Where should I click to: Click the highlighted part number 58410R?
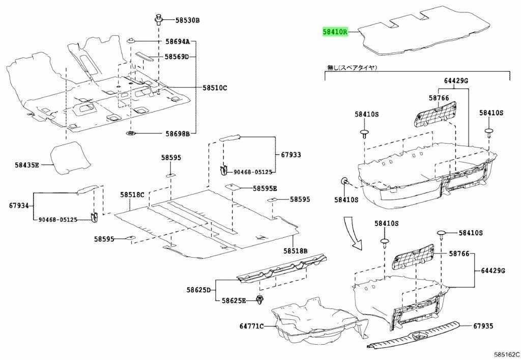click(x=335, y=32)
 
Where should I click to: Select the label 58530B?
click(x=188, y=20)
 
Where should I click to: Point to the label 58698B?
click(x=177, y=133)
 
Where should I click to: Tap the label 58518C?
click(x=133, y=195)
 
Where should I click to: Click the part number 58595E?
click(x=265, y=188)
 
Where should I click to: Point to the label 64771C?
click(x=252, y=326)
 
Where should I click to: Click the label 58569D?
click(x=177, y=57)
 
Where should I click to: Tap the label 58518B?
click(x=296, y=251)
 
